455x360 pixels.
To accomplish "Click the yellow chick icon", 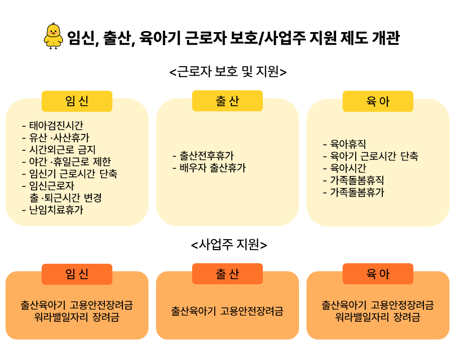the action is (53, 36).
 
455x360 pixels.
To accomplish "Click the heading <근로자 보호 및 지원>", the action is (228, 72).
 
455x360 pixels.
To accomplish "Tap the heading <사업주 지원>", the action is (229, 245).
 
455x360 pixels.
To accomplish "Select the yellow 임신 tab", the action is (77, 101).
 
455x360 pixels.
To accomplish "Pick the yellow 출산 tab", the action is (227, 101).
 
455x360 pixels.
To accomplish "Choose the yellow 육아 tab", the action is (378, 101).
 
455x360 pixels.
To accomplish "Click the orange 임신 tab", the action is (77, 274).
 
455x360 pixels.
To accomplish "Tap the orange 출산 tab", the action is (227, 274).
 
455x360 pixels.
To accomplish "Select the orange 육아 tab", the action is (378, 274).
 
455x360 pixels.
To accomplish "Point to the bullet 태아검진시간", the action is (53, 125).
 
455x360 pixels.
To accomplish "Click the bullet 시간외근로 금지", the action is (59, 149).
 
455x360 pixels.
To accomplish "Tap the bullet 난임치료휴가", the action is (53, 210).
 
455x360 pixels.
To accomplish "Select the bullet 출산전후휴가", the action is (203, 155).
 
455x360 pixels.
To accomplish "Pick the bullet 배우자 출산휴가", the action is (209, 167).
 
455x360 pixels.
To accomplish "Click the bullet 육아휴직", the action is (345, 143).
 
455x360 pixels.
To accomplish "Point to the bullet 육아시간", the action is (345, 167).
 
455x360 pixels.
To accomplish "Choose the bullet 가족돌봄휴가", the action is (354, 192).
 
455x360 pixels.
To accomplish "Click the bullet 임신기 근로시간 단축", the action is (70, 173).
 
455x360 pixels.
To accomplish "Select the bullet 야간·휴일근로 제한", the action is (66, 161).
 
